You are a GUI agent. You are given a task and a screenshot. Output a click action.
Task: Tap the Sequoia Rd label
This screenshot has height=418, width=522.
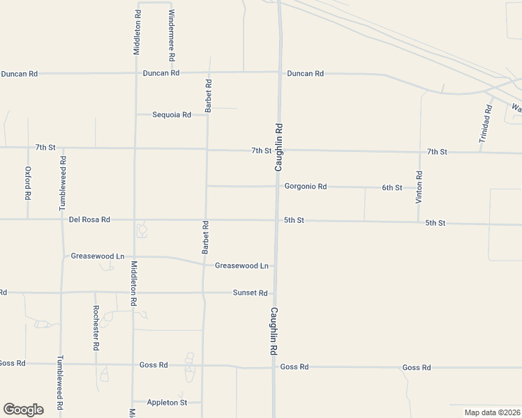(x=172, y=115)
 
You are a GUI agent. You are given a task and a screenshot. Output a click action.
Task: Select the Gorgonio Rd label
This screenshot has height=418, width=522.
(x=306, y=187)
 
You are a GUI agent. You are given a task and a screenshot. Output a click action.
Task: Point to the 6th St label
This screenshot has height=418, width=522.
(x=392, y=188)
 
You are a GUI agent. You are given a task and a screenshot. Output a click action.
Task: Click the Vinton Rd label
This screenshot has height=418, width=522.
(x=419, y=187)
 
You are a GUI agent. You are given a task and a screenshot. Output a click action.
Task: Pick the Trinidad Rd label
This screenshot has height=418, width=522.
(x=486, y=125)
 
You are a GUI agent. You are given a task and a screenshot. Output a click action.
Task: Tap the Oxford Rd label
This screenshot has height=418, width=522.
(x=28, y=183)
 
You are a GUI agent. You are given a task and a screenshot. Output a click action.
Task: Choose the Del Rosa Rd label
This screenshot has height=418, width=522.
(x=90, y=219)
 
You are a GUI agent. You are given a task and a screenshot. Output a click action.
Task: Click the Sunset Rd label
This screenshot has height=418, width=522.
(x=251, y=293)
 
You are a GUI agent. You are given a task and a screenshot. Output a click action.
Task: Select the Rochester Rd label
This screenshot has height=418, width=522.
(x=96, y=327)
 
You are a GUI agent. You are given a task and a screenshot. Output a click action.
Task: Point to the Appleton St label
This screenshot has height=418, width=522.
(x=167, y=403)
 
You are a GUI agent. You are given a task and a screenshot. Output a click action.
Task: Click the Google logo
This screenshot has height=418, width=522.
(x=23, y=410)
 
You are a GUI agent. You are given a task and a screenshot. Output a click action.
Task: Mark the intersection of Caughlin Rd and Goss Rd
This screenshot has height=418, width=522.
(x=274, y=366)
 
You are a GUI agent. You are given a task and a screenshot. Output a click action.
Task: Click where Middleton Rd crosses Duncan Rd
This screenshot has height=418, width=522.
(x=136, y=72)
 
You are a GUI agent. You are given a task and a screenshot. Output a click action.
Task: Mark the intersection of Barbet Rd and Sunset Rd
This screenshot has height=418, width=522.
(x=203, y=293)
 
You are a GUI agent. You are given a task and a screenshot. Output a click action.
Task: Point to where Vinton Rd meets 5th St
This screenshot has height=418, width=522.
(x=419, y=223)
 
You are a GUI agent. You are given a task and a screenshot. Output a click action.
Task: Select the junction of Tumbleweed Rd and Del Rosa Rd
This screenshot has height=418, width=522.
(x=62, y=219)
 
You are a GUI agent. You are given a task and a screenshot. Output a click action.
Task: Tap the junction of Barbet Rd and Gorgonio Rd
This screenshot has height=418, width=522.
(x=207, y=186)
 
